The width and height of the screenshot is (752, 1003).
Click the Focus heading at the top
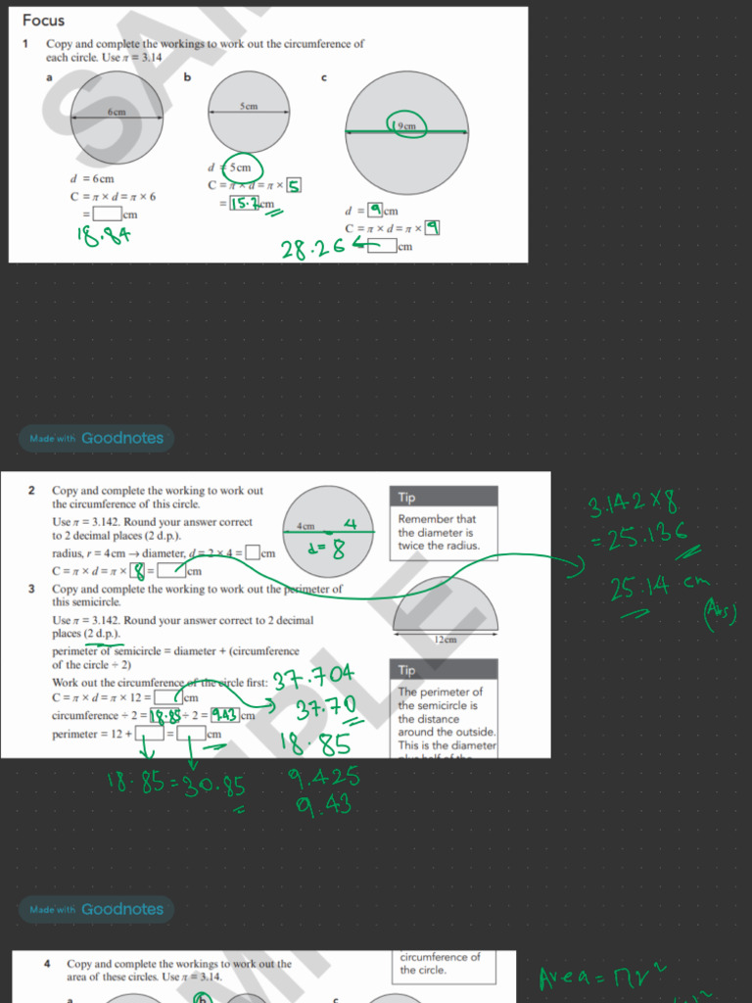click(x=43, y=20)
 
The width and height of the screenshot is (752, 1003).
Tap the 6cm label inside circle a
click(x=117, y=113)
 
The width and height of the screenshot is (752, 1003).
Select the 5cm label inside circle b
click(x=249, y=106)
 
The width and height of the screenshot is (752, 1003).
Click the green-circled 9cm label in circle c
click(x=404, y=126)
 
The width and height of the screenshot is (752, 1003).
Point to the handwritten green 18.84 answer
click(x=105, y=234)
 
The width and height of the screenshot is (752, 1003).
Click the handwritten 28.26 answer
click(x=313, y=249)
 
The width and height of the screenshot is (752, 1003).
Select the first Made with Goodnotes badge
click(x=95, y=438)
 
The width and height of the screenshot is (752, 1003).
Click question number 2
click(x=31, y=490)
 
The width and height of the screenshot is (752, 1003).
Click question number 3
click(x=31, y=589)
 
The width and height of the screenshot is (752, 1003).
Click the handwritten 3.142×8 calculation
click(x=633, y=505)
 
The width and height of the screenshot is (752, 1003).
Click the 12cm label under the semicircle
click(x=445, y=639)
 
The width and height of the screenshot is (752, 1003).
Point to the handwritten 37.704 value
click(x=313, y=679)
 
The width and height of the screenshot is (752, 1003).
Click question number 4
click(x=47, y=964)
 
